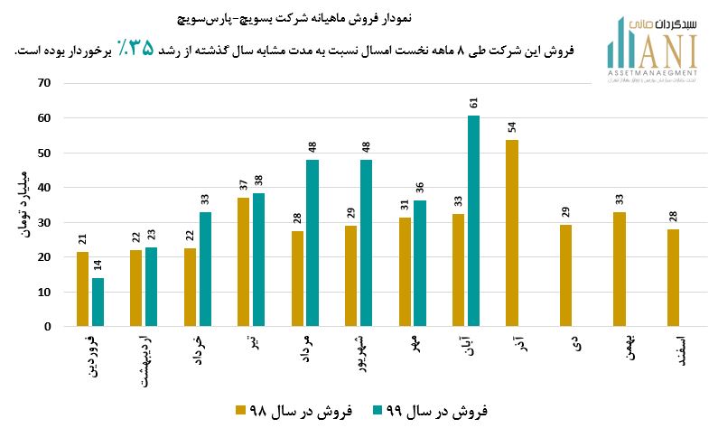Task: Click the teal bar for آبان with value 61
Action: click(x=473, y=221)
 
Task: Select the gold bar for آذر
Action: click(x=512, y=233)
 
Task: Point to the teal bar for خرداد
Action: click(x=206, y=269)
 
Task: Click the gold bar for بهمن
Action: click(x=620, y=269)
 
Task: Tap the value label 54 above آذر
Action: click(x=512, y=127)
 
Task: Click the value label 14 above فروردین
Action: click(x=98, y=267)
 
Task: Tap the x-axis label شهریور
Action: click(x=359, y=354)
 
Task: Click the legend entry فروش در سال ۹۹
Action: click(x=429, y=411)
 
